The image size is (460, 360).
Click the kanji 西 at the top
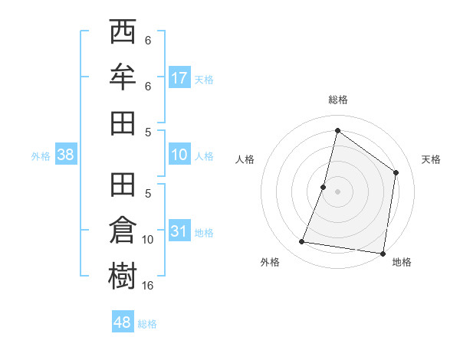point(123,34)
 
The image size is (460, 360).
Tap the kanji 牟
point(123,78)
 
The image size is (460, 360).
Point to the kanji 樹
point(123,275)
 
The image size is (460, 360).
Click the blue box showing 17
point(179,78)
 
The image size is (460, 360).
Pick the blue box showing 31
point(179,231)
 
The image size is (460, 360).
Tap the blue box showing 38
point(66,155)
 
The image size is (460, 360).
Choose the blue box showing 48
point(123,322)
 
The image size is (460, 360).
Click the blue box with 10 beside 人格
point(179,155)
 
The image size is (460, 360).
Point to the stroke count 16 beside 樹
point(148,286)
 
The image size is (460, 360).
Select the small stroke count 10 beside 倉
point(148,240)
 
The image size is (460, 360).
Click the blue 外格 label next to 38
point(41,155)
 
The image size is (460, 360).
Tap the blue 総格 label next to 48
point(147,324)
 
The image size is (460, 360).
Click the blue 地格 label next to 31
point(204,233)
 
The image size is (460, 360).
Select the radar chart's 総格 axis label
point(337,100)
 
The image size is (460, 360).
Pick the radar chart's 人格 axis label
point(245,159)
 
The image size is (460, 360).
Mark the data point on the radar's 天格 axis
point(396,172)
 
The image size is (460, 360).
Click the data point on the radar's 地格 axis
point(382,253)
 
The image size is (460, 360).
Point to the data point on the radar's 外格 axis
point(302,242)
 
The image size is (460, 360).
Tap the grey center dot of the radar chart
point(337,191)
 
